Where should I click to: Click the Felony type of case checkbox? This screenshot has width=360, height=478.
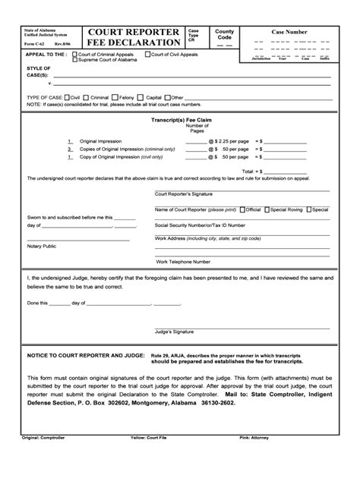click(115, 97)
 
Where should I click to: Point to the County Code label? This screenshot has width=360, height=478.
click(225, 34)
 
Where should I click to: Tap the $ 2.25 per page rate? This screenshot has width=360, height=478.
click(232, 142)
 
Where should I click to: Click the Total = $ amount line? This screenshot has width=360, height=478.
click(273, 171)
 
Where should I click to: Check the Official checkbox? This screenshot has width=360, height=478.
click(242, 209)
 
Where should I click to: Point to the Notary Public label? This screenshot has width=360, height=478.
click(43, 246)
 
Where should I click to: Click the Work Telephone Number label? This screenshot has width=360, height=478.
click(184, 261)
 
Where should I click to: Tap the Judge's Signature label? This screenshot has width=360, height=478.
click(175, 332)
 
